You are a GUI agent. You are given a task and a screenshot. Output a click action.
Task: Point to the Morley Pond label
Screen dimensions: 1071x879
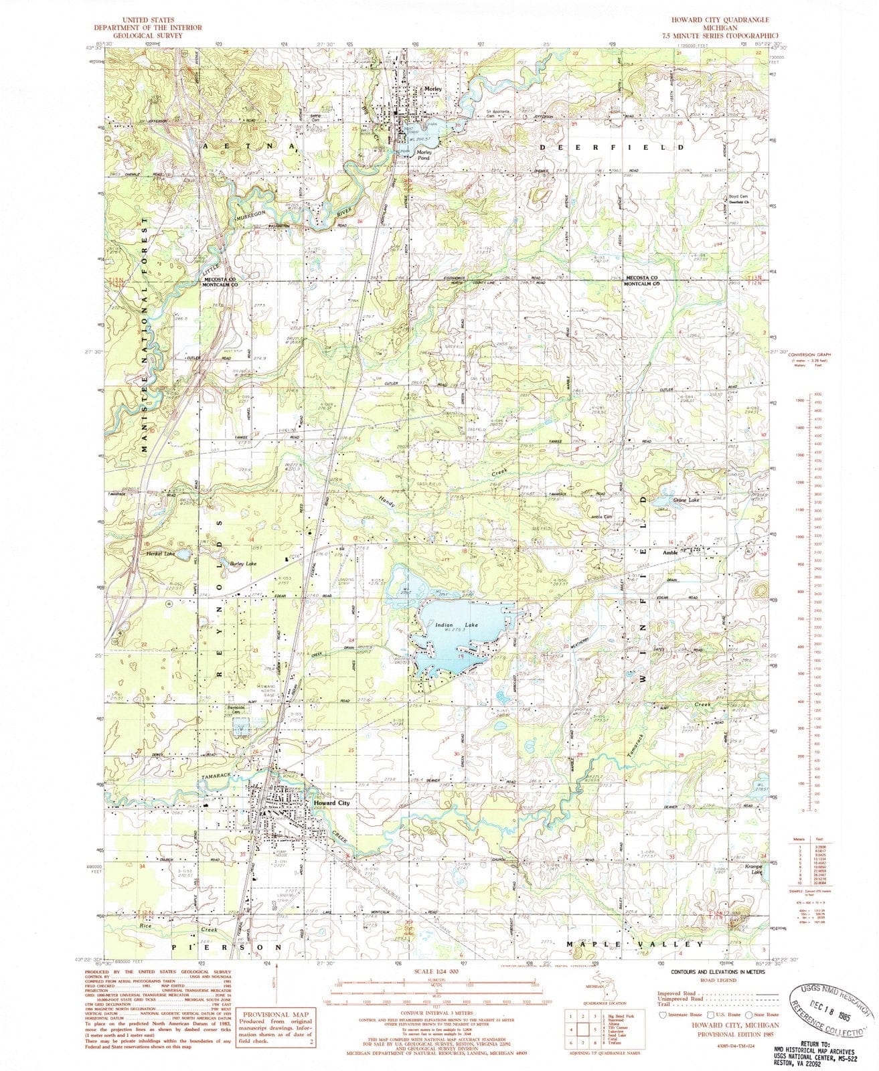click(x=427, y=156)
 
